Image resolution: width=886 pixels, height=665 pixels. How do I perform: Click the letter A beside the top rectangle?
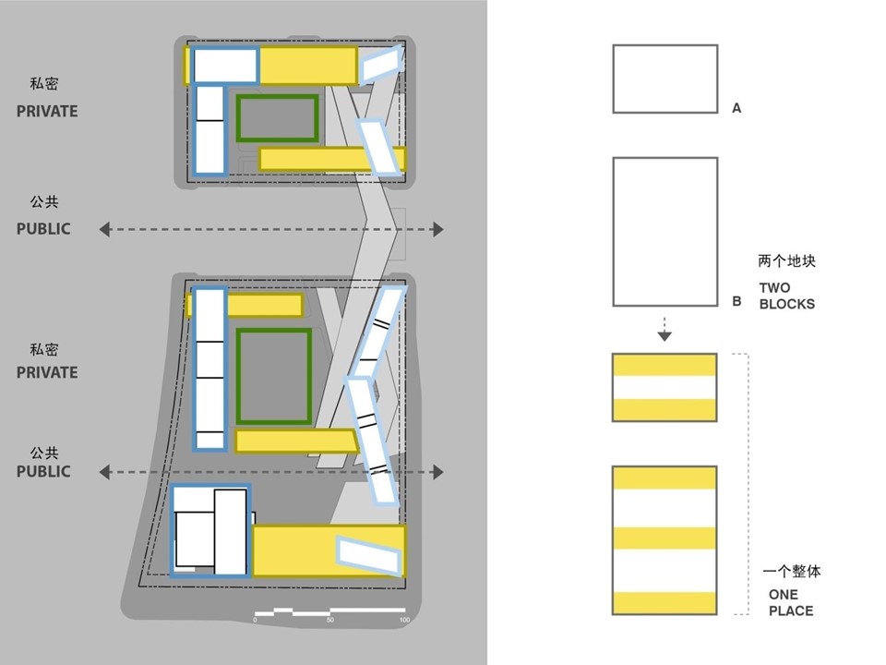coord(736,108)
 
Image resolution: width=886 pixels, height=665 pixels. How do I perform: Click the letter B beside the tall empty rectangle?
coord(736,301)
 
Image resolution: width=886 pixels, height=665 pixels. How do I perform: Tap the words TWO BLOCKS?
coord(786,296)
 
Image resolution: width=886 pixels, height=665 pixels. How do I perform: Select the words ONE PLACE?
coord(791,603)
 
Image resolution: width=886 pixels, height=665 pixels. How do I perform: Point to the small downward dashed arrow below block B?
coord(664,329)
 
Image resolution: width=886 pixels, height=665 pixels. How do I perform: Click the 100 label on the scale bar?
coord(404,620)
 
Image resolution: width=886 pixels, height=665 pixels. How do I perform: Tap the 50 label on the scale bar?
coord(330,620)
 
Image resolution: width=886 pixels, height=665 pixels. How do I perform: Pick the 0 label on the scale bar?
coord(255,620)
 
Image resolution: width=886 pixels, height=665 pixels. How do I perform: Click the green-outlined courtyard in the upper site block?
coord(278,118)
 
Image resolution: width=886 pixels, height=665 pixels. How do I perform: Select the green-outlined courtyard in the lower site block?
coord(274,376)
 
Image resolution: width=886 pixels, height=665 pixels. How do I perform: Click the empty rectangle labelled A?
coord(665,79)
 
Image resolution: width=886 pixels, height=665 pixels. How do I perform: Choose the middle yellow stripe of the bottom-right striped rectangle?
coord(664,538)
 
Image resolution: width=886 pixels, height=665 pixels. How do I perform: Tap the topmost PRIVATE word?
coord(47,112)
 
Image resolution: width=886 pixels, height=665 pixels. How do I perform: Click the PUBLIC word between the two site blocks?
coord(43,229)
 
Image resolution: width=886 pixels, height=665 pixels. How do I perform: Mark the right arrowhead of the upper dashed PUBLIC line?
coord(437,230)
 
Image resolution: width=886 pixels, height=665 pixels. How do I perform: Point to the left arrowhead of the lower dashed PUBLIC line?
coord(104,472)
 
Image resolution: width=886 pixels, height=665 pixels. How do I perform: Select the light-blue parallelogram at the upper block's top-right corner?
coord(382,64)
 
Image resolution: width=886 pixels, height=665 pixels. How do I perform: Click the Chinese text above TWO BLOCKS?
coord(786,260)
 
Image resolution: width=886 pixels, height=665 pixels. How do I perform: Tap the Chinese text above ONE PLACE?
coord(792,571)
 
